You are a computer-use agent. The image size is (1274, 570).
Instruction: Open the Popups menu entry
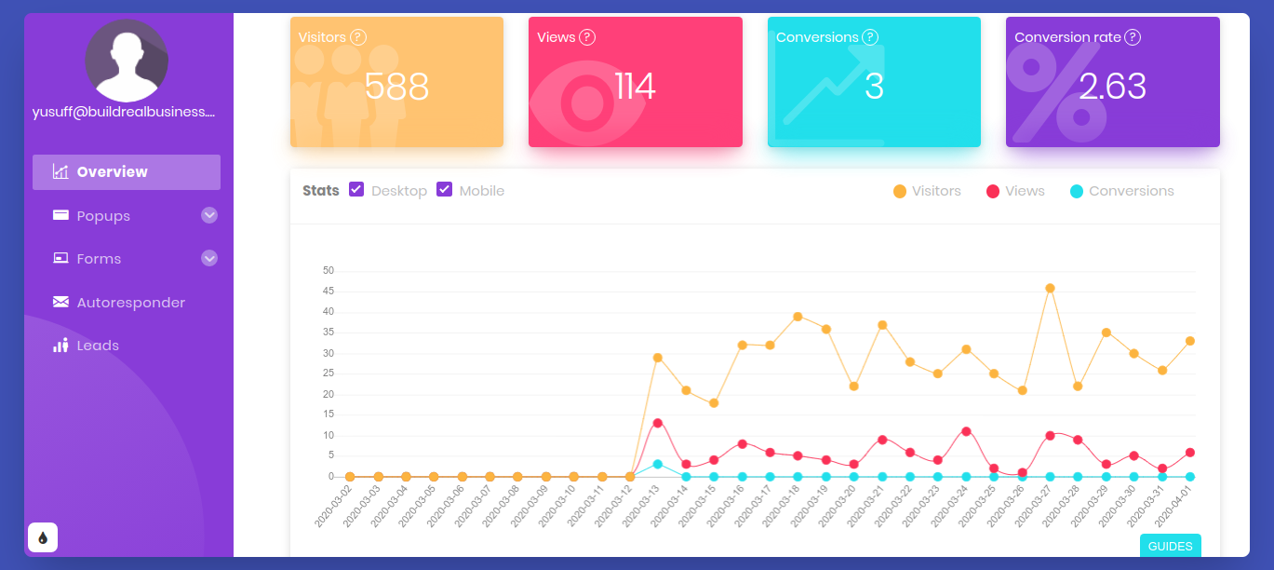pos(103,216)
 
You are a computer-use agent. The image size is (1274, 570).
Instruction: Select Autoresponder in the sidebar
pos(130,303)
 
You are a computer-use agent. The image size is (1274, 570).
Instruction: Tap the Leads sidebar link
pos(98,346)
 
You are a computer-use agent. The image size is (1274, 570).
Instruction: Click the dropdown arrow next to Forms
pos(209,258)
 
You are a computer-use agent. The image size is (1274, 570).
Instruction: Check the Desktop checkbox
pos(356,190)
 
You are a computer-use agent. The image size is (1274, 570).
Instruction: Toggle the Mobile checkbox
pos(445,190)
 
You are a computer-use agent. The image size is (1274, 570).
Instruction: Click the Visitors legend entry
pos(927,191)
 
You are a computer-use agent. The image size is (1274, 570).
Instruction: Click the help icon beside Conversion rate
pos(1133,37)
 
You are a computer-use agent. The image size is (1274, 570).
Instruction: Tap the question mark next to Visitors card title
pos(358,37)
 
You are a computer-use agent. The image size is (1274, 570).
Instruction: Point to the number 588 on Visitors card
pos(396,87)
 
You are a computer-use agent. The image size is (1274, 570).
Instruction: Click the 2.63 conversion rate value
pos(1112,87)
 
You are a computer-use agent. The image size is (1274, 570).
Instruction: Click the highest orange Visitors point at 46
pos(1050,289)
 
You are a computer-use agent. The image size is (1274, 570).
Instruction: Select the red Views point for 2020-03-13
pos(658,423)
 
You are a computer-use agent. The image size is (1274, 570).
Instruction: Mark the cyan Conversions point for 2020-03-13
pos(658,464)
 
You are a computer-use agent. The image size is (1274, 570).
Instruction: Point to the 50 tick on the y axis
pos(328,271)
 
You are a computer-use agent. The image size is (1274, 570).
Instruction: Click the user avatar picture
pos(126,61)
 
